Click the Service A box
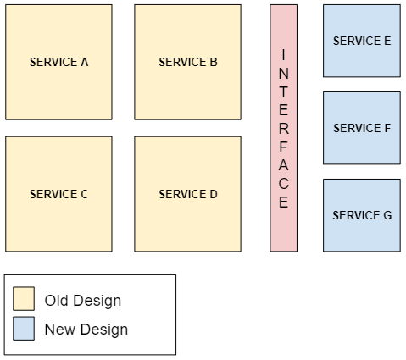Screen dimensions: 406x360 [58, 62]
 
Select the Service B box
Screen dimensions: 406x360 [188, 62]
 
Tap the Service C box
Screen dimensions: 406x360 [58, 194]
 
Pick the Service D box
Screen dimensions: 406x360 [188, 194]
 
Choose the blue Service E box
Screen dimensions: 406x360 [362, 41]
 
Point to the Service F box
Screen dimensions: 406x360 [362, 128]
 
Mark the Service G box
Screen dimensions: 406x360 [362, 215]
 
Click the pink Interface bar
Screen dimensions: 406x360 [284, 128]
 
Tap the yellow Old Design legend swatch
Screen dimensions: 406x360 [24, 299]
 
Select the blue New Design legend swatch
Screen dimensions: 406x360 [24, 329]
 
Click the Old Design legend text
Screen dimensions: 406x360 [83, 301]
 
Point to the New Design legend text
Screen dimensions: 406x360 [86, 330]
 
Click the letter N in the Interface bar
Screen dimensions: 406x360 [284, 73]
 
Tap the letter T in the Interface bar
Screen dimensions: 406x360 [284, 91]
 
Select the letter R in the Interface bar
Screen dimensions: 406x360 [284, 128]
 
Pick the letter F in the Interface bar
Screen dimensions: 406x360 [284, 147]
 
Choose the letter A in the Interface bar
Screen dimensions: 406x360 [284, 165]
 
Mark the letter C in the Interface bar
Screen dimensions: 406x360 [284, 184]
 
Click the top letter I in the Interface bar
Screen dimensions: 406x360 [284, 55]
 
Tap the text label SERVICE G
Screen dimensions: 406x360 [362, 215]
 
